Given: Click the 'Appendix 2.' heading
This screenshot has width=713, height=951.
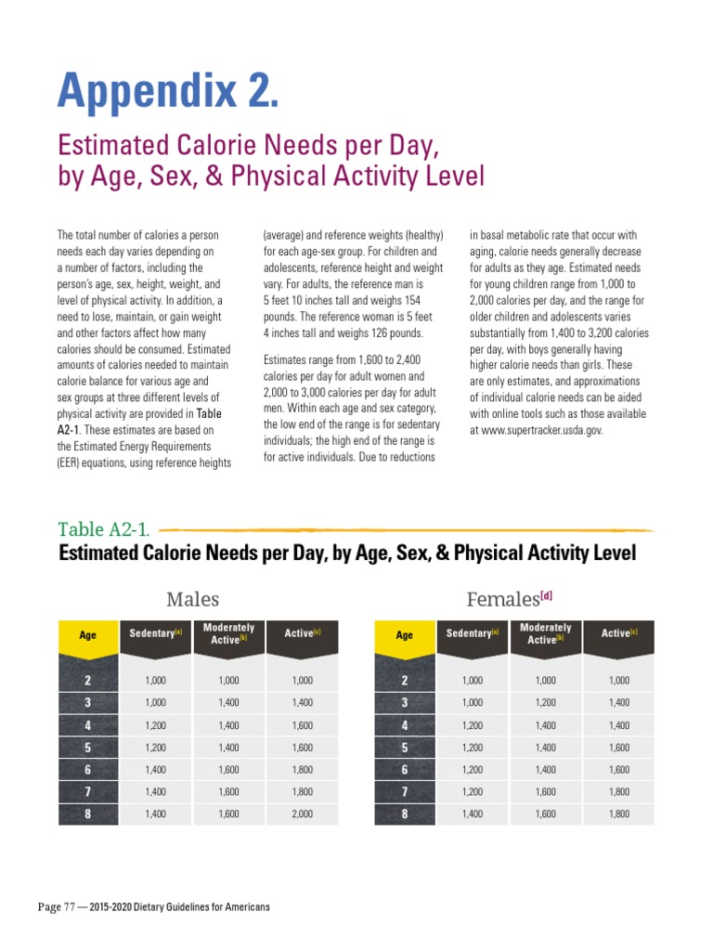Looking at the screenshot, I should [x=167, y=90].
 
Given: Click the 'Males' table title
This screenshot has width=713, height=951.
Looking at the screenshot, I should [x=193, y=599].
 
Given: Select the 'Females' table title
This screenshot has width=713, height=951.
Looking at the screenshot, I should [x=506, y=599].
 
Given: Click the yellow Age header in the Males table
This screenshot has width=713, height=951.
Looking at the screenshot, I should [x=88, y=635].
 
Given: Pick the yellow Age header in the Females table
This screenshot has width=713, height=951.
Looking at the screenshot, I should [x=405, y=635].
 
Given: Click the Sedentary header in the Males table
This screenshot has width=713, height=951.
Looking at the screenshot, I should [x=155, y=633].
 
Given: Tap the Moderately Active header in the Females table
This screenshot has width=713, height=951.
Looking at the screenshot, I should [x=545, y=633].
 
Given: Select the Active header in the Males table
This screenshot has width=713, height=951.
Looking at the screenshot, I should [x=302, y=633].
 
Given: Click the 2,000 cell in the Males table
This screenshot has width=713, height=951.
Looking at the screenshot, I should [x=302, y=814].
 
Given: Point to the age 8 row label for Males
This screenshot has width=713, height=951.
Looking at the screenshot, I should [x=88, y=814].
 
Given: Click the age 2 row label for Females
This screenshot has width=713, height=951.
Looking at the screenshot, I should [x=405, y=681].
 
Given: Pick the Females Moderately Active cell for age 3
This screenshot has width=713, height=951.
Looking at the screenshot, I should [x=545, y=703].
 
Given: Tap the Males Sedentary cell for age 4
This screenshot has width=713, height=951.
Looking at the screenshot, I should [x=155, y=725].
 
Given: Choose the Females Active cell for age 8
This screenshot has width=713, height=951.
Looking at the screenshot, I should [x=619, y=814].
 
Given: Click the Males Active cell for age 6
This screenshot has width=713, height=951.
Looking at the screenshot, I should [x=302, y=770].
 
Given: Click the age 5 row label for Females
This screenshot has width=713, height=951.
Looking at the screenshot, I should [x=405, y=748].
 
